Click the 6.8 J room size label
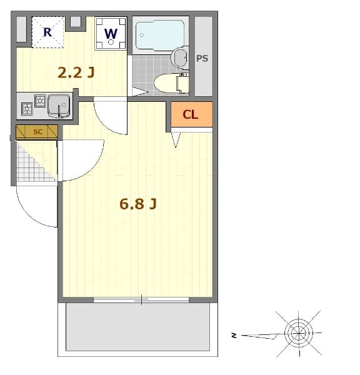137,204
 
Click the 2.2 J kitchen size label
76,72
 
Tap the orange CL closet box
191,114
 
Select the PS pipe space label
202,58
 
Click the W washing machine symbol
111,34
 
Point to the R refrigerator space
47,32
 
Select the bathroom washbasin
179,58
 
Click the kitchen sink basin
59,105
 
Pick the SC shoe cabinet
37,132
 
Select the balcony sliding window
141,300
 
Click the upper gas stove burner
40,100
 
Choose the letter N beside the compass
234,336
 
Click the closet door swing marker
176,140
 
